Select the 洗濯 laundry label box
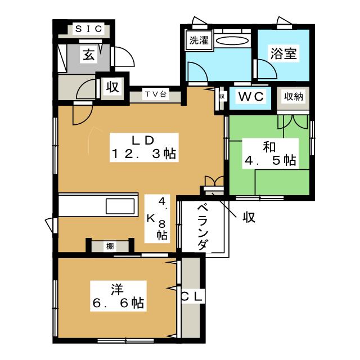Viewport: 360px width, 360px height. coord(197,40)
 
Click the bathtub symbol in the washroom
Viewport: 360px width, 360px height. coord(232,40)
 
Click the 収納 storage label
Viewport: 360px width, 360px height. coord(293,97)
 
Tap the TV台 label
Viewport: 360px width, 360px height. coord(155,94)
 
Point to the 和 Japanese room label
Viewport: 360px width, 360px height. coord(269,147)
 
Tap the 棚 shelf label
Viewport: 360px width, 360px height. coord(110,246)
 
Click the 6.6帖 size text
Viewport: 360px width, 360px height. coord(117,304)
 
